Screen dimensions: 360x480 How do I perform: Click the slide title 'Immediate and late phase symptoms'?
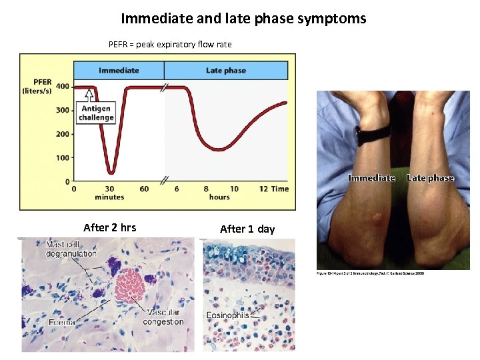[x=243, y=19]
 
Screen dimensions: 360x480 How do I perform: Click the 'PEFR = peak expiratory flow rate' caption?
[x=170, y=45]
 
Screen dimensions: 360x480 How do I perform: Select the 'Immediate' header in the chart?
[x=119, y=70]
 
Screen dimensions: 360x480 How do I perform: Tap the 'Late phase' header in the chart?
[x=225, y=70]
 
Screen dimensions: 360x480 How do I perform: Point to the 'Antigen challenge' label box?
[x=97, y=113]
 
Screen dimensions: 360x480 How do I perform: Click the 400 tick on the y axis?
[x=62, y=87]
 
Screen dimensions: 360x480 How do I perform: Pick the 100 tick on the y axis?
[x=62, y=158]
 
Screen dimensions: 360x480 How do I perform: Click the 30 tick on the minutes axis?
[x=109, y=189]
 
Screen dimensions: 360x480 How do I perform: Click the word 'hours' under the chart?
[x=219, y=197]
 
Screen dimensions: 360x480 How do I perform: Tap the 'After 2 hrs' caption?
[x=109, y=227]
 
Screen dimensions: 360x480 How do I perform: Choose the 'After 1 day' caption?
[x=247, y=229]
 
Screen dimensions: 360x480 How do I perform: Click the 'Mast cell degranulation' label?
[x=71, y=249]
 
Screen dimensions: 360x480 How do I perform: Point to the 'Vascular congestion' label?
[x=163, y=317]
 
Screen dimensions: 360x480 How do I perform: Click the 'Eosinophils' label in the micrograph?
[x=227, y=315]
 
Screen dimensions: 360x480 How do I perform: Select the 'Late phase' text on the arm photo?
[x=430, y=178]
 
